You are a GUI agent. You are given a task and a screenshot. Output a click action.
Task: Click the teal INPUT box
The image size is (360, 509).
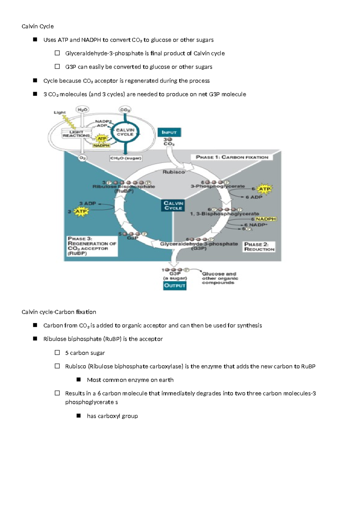click(x=169, y=132)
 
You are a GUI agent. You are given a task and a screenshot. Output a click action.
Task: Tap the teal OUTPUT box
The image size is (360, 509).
click(x=175, y=285)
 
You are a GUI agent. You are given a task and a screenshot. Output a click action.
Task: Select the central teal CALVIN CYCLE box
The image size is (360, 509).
click(x=173, y=206)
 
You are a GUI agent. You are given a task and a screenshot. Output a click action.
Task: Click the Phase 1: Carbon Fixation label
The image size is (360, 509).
click(x=232, y=157)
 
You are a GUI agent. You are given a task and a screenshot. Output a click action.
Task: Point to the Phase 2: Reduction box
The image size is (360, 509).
click(x=259, y=247)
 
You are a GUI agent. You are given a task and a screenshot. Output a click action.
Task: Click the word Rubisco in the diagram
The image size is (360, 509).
click(x=173, y=172)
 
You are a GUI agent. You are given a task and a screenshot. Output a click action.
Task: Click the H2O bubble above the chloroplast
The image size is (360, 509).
click(x=82, y=110)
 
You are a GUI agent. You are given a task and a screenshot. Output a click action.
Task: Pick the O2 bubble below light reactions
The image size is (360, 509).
click(x=82, y=158)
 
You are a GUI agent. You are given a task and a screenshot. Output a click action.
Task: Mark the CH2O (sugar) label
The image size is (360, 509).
click(x=126, y=158)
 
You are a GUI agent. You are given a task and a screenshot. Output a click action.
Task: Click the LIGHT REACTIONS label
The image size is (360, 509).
click(x=76, y=134)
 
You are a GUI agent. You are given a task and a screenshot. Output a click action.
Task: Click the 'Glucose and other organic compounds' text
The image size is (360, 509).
click(x=220, y=278)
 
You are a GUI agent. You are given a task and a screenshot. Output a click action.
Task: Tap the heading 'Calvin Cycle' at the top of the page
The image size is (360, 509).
click(x=38, y=26)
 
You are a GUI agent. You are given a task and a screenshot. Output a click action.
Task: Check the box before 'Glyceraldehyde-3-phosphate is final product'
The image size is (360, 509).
click(x=57, y=53)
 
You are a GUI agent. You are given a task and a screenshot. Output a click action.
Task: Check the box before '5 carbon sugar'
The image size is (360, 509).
click(x=57, y=353)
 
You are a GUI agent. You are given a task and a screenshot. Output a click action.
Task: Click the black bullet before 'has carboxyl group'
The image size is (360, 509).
click(x=79, y=416)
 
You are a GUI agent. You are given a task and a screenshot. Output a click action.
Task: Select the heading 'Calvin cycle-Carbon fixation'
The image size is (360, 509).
click(x=59, y=312)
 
